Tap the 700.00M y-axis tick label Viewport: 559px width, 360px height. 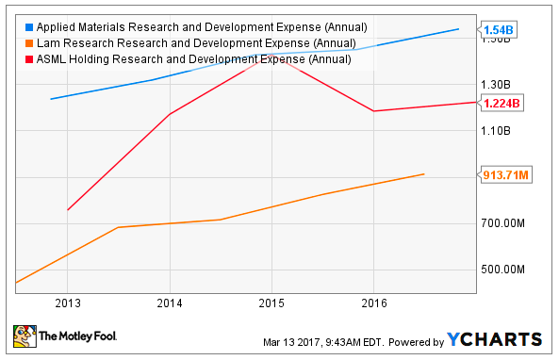pos(502,223)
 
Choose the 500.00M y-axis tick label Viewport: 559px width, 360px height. pos(502,270)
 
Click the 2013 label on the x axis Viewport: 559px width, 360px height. pos(68,304)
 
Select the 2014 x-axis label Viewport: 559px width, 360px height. pos(170,304)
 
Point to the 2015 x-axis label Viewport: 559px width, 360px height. pos(271,304)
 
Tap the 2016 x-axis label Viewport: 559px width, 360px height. pos(373,304)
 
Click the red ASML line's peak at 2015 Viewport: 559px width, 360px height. pos(271,57)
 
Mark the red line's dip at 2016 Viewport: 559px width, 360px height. pos(373,111)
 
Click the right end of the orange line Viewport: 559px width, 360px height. pos(424,174)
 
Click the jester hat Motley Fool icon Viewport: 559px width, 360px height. pos(23,336)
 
